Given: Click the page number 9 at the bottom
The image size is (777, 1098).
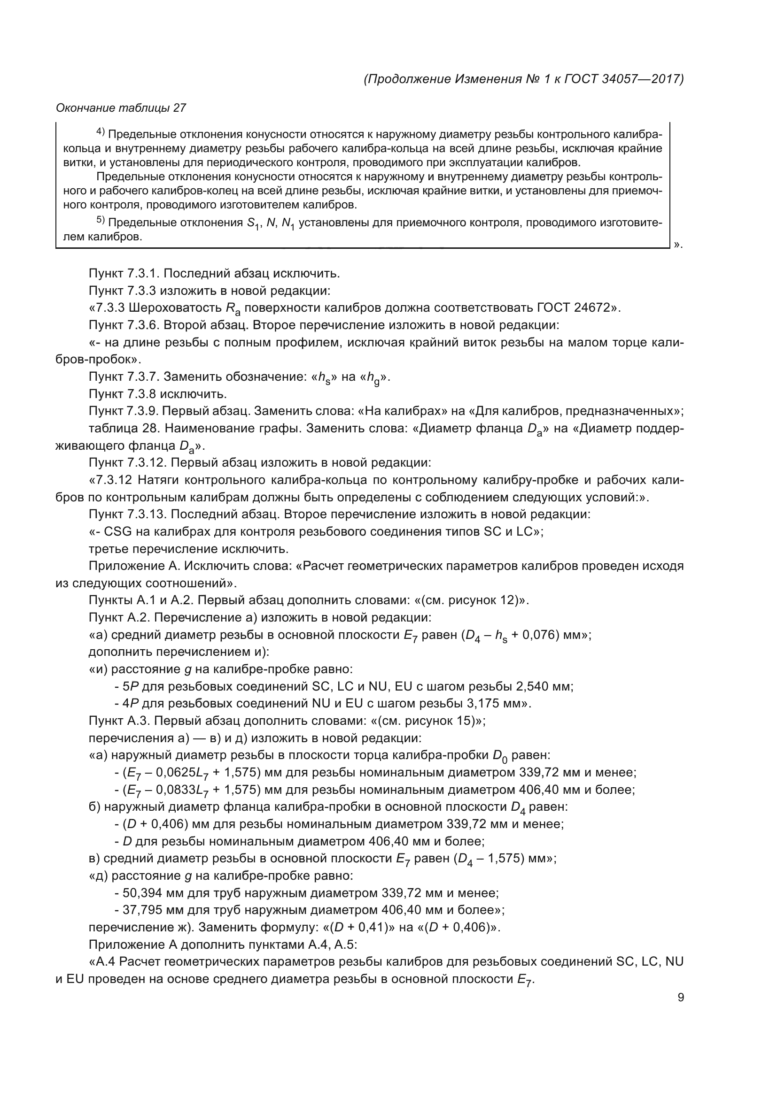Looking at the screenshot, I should [680, 998].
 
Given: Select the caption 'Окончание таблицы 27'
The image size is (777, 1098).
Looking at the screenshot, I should [121, 108].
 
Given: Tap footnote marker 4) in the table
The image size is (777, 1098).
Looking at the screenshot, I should [101, 131].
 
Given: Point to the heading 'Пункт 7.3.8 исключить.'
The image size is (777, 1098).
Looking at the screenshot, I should [157, 394].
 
